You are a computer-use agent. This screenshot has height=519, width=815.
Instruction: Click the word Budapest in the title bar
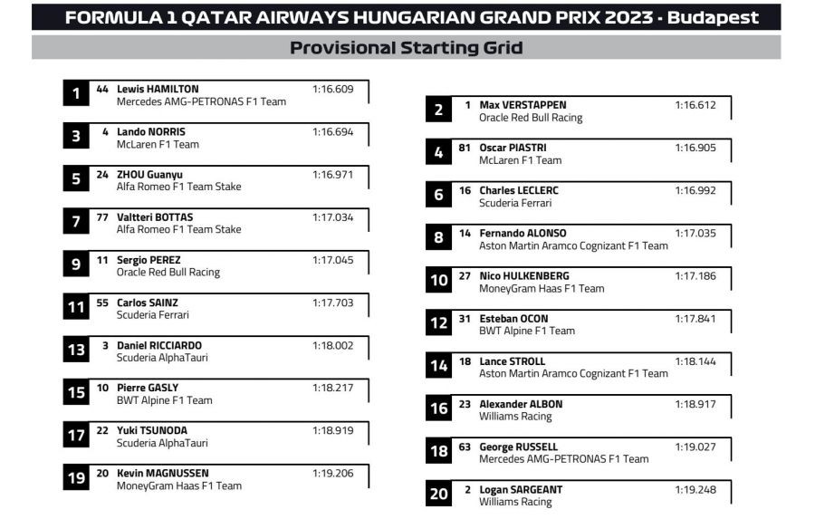click(714, 18)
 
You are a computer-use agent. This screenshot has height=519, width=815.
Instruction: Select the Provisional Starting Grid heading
click(406, 48)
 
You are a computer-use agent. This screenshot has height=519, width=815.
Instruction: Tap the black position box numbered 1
click(76, 93)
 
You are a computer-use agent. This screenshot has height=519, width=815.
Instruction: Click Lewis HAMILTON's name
click(158, 89)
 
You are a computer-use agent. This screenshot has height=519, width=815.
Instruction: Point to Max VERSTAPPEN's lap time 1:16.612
click(695, 105)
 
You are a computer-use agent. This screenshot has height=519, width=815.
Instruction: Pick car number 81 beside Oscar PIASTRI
click(465, 148)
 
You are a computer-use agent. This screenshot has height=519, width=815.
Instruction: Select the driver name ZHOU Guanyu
click(149, 174)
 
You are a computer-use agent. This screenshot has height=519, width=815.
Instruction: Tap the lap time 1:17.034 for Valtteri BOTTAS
click(332, 217)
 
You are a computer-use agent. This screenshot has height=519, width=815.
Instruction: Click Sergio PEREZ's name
click(149, 260)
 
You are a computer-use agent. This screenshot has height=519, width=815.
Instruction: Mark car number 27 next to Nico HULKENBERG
click(465, 275)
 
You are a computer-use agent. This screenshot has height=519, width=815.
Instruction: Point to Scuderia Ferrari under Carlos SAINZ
click(153, 315)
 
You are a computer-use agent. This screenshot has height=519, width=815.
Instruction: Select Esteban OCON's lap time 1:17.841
click(695, 319)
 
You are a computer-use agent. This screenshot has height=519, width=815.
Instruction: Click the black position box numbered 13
click(76, 350)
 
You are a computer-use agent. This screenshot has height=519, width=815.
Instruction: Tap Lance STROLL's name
click(513, 361)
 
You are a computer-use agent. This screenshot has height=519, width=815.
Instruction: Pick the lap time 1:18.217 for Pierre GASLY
click(332, 388)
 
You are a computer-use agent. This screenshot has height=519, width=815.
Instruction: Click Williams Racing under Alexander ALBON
click(515, 417)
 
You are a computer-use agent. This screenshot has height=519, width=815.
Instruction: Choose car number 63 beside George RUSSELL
click(465, 447)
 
